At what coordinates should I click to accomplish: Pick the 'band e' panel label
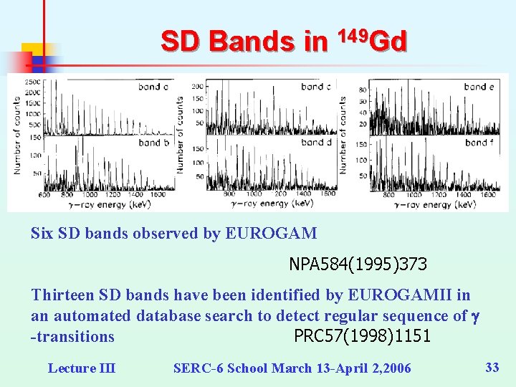coord(479,87)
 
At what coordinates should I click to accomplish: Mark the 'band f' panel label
coord(479,143)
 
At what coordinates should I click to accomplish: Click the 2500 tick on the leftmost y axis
coord(33,83)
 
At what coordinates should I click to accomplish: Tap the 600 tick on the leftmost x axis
coord(44,194)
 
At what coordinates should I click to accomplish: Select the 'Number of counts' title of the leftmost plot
coord(16,140)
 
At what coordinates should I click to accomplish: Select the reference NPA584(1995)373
coord(358,264)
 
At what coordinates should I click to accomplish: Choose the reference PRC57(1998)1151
coord(362,335)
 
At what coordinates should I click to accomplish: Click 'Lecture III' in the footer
coord(81,368)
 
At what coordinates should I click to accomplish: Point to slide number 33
coord(492,368)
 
